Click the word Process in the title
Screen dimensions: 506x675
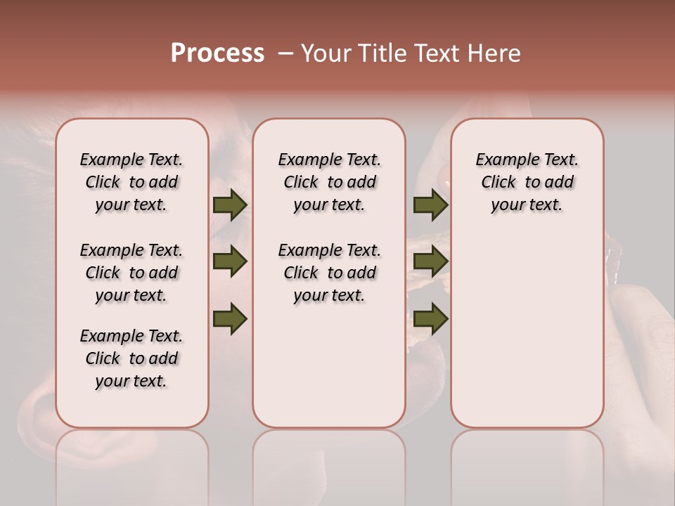tap(217, 53)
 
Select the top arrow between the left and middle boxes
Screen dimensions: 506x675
tap(230, 205)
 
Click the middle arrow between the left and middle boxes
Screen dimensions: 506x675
tap(230, 262)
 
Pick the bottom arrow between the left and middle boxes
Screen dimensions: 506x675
tap(230, 319)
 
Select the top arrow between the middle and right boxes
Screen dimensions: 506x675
tap(430, 205)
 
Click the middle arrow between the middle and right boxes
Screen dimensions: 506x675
tap(430, 262)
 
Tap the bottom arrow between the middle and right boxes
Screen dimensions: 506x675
tap(430, 319)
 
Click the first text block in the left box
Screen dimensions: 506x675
tap(131, 182)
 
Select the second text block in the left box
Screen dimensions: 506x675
tap(131, 273)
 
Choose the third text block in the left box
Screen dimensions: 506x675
tap(131, 358)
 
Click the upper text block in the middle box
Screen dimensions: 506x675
tap(329, 182)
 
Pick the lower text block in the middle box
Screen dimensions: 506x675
tap(329, 273)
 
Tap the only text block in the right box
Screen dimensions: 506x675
tap(527, 182)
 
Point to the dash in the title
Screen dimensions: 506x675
tap(285, 53)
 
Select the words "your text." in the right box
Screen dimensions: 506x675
tap(527, 205)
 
